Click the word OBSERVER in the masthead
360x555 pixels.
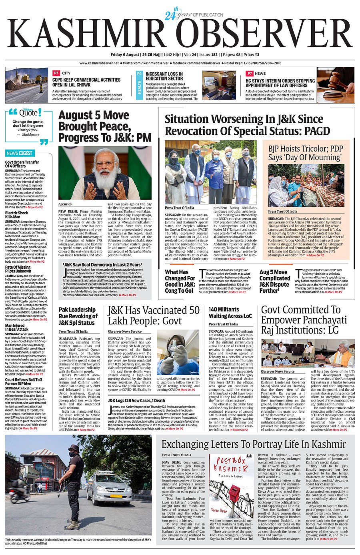pyautogui.click(x=264, y=34)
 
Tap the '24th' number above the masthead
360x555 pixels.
pyautogui.click(x=171, y=15)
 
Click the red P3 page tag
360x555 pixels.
pyautogui.click(x=56, y=74)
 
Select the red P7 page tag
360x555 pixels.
pyautogui.click(x=250, y=74)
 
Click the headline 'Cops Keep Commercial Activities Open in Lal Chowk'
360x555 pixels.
pyautogui.click(x=86, y=82)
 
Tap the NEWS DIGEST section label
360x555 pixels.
pyautogui.click(x=20, y=153)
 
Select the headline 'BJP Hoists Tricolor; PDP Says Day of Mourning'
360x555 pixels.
pyautogui.click(x=306, y=153)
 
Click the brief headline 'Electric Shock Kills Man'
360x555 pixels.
pyautogui.click(x=17, y=215)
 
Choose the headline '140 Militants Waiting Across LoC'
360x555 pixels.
pyautogui.click(x=230, y=312)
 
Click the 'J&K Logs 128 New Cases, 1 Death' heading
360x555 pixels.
pyautogui.click(x=136, y=400)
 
